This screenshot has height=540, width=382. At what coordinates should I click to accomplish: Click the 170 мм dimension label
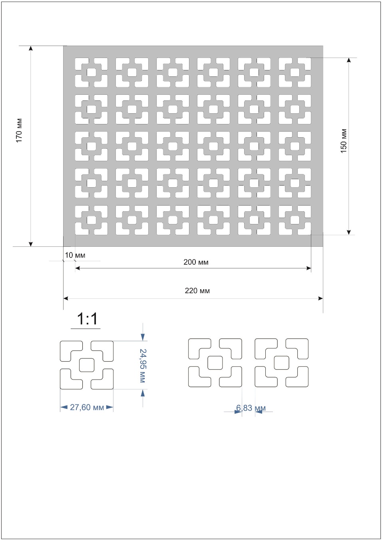click(x=19, y=130)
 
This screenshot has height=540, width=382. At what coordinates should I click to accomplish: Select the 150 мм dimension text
click(x=344, y=141)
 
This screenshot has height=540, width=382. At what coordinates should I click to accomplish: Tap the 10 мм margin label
click(x=75, y=255)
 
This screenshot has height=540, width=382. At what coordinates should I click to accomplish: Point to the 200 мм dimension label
click(x=196, y=262)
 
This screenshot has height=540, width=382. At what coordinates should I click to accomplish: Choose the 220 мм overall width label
click(x=197, y=291)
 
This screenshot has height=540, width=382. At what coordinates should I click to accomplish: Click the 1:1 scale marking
click(x=87, y=319)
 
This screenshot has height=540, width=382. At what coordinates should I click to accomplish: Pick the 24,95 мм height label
click(x=142, y=366)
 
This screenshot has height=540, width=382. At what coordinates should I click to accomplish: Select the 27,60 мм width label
click(x=87, y=407)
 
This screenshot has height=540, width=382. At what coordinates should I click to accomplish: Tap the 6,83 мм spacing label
click(x=251, y=408)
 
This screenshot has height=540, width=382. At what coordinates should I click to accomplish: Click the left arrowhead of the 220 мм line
click(x=66, y=298)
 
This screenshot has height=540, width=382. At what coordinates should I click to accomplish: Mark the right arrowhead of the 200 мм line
click(x=308, y=268)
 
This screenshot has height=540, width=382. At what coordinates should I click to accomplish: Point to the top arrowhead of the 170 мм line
click(x=31, y=48)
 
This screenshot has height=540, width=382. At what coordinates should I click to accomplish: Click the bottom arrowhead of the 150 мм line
click(x=348, y=232)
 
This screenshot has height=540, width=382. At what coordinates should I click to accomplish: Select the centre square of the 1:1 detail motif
click(x=87, y=365)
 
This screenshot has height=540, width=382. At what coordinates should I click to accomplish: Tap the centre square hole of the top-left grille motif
click(x=91, y=72)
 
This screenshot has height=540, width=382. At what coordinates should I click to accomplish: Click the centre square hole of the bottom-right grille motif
click(x=295, y=220)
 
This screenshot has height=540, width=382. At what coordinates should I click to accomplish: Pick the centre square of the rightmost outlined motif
click(x=282, y=362)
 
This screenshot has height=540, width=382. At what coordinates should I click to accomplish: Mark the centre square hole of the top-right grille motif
click(x=295, y=72)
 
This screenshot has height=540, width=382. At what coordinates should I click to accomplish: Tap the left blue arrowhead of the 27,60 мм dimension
click(x=64, y=407)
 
